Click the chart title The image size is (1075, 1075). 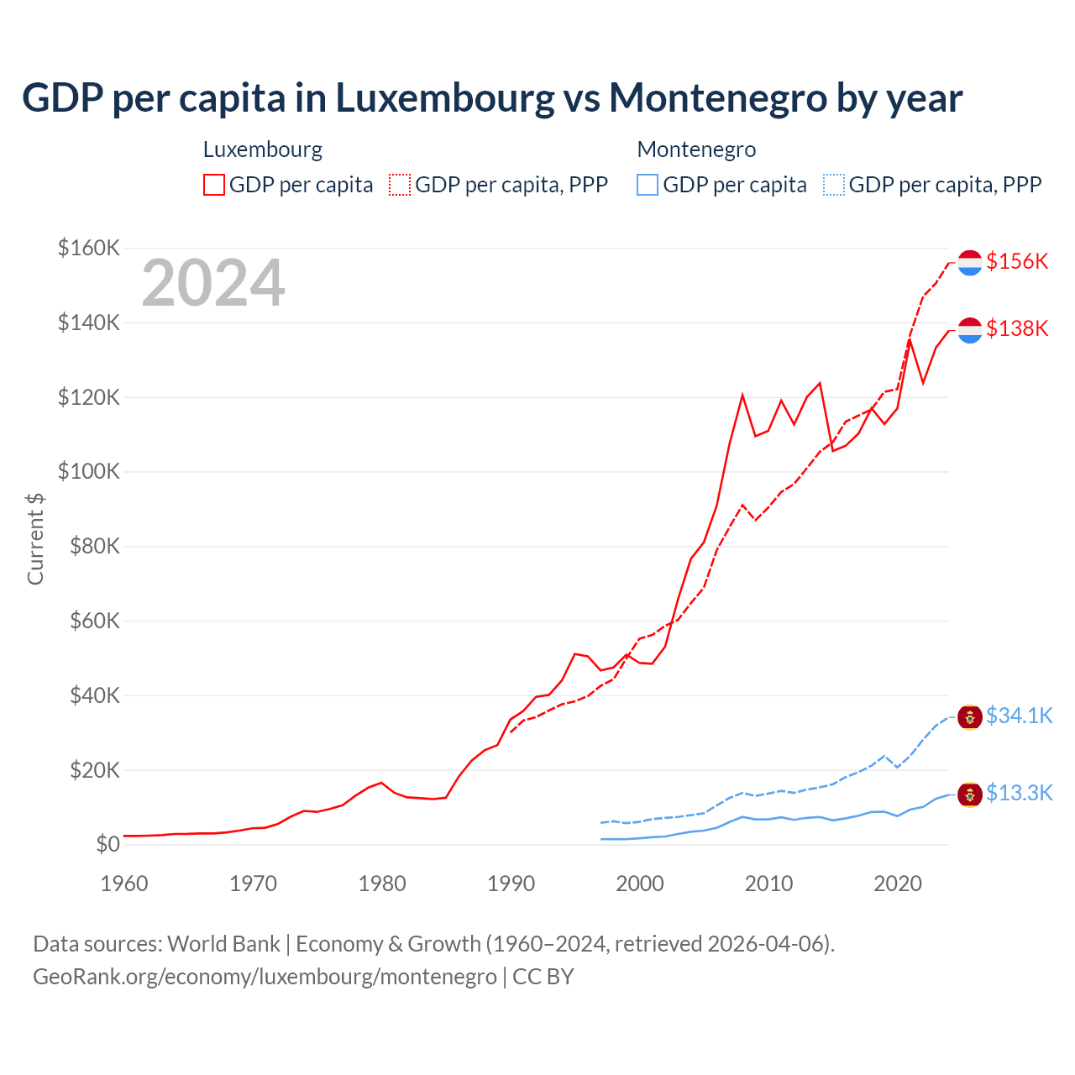pos(492,97)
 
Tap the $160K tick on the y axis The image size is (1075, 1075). pos(89,249)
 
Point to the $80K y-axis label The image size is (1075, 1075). pos(89,547)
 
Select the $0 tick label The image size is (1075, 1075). pos(107,845)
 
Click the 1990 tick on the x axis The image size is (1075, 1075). pos(511,884)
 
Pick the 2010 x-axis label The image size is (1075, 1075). pos(768,884)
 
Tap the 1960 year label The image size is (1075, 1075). pos(124,884)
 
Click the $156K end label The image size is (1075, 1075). pos(1017,261)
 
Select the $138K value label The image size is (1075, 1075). pos(1017,328)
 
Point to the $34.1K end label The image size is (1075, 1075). pos(1019,716)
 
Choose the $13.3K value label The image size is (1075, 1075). pos(1019,793)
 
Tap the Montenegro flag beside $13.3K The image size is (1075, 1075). pos(970,794)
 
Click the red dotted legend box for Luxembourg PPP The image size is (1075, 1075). pos(400,185)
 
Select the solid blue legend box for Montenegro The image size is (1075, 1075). pos(648,185)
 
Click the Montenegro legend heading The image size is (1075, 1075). pos(696,149)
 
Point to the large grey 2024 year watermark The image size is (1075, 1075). pos(213,283)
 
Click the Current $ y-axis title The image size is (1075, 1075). pos(35,538)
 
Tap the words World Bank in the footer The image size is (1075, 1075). pos(223,944)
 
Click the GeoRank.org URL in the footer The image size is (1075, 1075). pos(265,977)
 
